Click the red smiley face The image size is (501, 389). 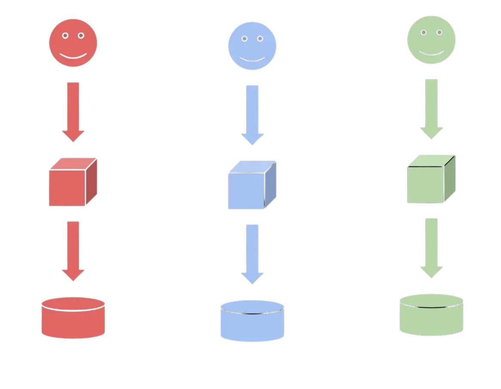[73, 43]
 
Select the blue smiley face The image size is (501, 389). [252, 46]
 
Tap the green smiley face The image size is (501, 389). [431, 40]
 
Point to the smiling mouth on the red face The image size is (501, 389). [73, 56]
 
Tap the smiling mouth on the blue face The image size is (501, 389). [252, 59]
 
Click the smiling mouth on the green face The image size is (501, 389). [431, 53]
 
